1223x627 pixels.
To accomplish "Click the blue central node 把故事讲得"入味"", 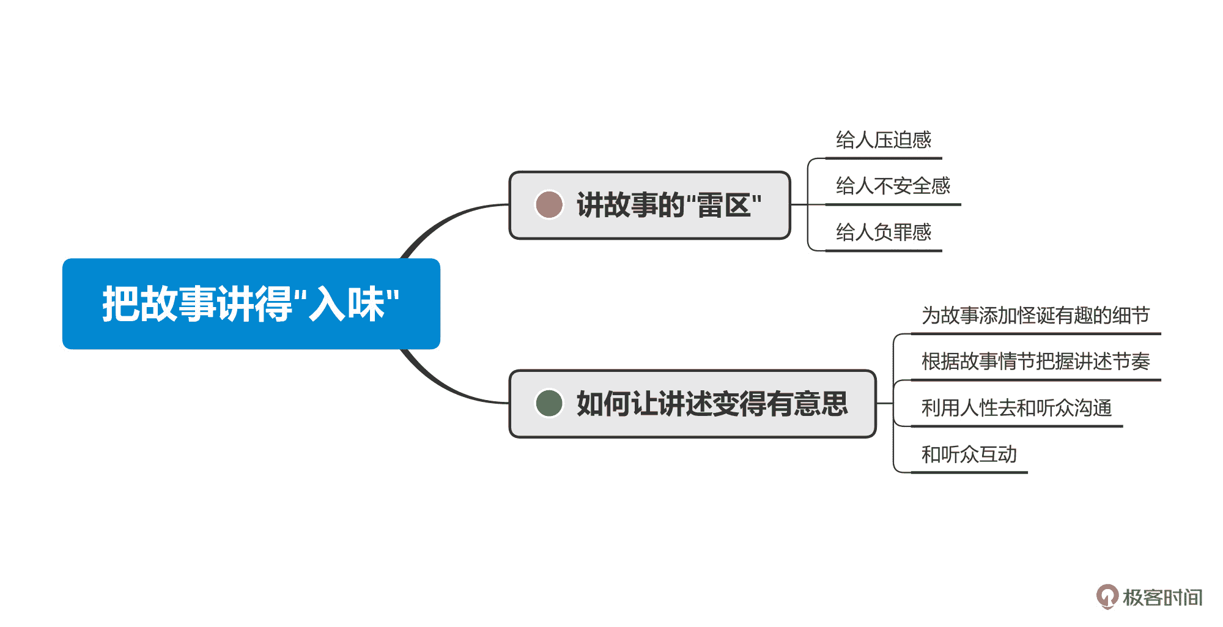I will [x=251, y=304].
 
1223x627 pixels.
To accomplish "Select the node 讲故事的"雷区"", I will [x=649, y=206].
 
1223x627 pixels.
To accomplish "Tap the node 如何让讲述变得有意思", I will [x=692, y=404].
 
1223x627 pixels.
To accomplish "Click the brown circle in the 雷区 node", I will [x=549, y=205].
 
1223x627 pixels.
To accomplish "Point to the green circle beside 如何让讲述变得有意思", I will [x=549, y=404].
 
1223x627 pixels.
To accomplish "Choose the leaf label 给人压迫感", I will [x=883, y=140].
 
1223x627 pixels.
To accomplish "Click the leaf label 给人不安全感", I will [x=893, y=186].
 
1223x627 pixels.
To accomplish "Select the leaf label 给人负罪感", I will [x=883, y=232].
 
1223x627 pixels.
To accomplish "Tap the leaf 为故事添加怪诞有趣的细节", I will [x=1035, y=316].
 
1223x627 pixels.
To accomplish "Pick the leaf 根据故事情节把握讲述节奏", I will [x=1035, y=362].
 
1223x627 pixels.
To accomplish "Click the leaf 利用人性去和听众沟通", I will [x=1016, y=408].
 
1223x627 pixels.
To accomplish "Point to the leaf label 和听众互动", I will [x=969, y=454].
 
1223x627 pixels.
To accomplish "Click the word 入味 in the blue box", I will [x=346, y=304].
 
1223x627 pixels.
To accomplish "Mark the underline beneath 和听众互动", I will [x=969, y=472].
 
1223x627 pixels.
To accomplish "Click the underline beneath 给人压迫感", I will [x=883, y=158].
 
